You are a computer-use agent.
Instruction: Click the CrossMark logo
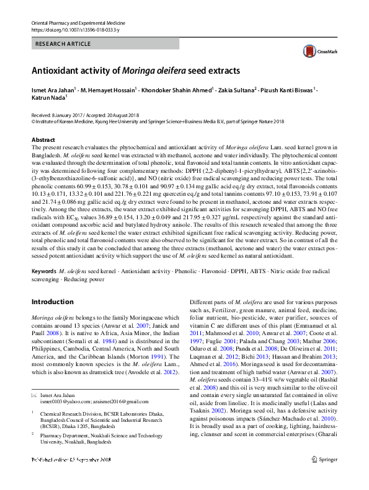[314, 51]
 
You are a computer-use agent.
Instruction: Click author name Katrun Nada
[49, 97]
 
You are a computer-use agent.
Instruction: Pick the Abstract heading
[43, 141]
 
